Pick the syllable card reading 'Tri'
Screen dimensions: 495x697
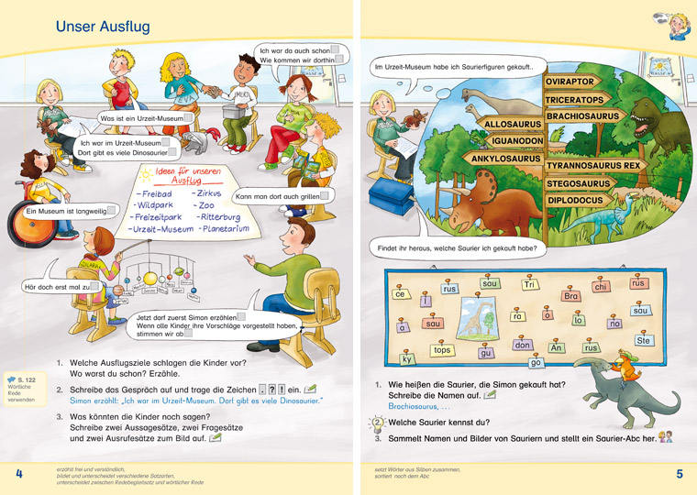point(530,285)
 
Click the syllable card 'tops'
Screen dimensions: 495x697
point(442,350)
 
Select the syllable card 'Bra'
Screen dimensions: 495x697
point(571,296)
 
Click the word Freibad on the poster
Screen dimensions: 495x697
point(152,195)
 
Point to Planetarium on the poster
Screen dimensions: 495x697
point(224,228)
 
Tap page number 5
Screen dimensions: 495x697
point(680,474)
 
